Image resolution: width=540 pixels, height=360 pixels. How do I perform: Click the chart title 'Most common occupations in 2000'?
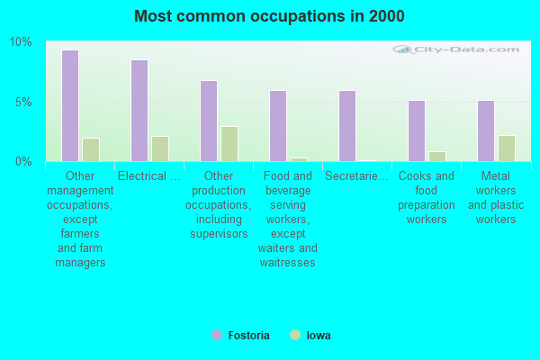(x=269, y=16)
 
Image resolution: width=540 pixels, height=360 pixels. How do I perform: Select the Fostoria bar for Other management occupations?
(x=70, y=105)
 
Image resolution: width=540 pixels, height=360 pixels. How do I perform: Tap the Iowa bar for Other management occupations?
(x=91, y=149)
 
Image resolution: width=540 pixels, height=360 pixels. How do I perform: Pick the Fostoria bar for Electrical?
(x=139, y=111)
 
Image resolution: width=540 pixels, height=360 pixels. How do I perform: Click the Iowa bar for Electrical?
(x=160, y=148)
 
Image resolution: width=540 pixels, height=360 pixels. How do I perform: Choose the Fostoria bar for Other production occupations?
(x=209, y=121)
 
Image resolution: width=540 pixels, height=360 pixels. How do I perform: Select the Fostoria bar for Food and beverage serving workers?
(x=278, y=126)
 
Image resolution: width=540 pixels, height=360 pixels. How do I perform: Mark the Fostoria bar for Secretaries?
(x=347, y=126)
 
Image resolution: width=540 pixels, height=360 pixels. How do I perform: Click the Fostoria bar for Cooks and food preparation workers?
(x=417, y=130)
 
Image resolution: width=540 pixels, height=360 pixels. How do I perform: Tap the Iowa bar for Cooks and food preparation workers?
(x=437, y=157)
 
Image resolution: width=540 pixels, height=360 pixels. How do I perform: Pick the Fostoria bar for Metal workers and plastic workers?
(x=486, y=130)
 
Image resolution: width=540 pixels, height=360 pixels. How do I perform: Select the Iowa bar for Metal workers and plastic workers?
(x=507, y=148)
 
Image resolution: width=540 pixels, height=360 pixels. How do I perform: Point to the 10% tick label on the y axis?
(x=21, y=42)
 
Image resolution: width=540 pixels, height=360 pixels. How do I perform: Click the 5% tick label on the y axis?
(x=23, y=102)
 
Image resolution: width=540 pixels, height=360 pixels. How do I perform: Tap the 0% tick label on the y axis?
(x=23, y=162)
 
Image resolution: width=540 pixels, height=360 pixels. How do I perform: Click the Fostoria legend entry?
(x=240, y=336)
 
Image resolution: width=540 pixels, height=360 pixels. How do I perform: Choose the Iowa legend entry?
(x=310, y=336)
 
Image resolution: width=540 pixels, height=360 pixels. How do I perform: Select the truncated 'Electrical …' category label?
(x=149, y=176)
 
